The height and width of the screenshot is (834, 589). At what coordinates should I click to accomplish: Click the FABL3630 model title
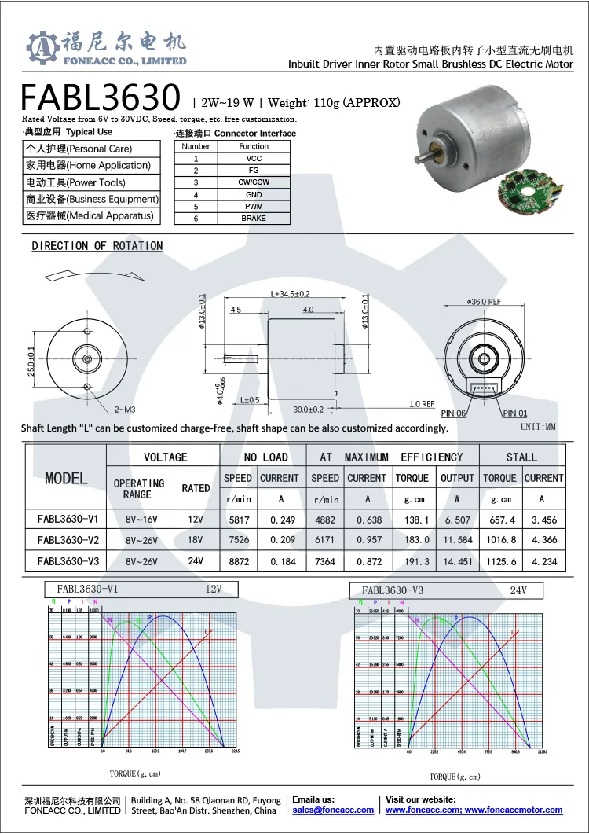click(101, 97)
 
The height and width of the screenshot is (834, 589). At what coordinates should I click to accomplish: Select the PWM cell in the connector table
click(254, 206)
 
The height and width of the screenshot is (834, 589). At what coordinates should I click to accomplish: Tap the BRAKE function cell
click(254, 218)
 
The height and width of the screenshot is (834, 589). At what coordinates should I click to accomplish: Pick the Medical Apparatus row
click(90, 215)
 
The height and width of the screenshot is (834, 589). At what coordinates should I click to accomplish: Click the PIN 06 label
click(454, 413)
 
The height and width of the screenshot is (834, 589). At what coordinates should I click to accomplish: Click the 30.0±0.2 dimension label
click(309, 410)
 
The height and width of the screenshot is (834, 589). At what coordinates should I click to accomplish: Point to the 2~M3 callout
click(126, 410)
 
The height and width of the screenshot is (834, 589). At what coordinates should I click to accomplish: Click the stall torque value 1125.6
click(499, 561)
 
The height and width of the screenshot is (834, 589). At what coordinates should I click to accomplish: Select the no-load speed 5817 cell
click(237, 520)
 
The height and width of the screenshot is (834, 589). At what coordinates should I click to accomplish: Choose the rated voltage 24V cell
click(196, 561)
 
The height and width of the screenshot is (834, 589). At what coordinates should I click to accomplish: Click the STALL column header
click(521, 457)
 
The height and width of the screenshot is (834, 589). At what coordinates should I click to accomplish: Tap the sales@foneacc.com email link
click(333, 810)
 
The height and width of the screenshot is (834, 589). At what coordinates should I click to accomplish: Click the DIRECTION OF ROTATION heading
click(97, 246)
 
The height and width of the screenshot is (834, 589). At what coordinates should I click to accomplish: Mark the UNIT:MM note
click(538, 427)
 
